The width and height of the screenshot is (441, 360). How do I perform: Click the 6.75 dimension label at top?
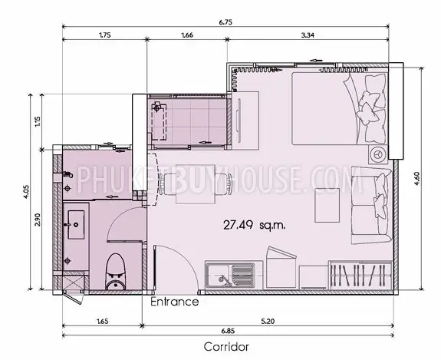click(x=225, y=22)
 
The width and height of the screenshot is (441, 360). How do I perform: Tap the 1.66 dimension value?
click(x=187, y=35)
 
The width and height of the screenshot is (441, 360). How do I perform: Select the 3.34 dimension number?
click(x=308, y=35)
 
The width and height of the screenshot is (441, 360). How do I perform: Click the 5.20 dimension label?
click(x=268, y=321)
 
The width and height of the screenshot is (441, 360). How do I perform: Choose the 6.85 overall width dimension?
click(x=228, y=331)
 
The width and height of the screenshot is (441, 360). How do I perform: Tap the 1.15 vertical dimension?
click(x=38, y=121)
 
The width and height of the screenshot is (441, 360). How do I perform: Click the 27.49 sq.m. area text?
click(x=254, y=225)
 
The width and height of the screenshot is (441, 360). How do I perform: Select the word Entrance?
click(x=175, y=302)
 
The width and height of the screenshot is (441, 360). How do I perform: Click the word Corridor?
click(x=226, y=346)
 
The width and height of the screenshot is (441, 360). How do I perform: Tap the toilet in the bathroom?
click(x=116, y=272)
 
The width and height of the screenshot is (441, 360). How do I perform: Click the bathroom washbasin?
click(x=76, y=225)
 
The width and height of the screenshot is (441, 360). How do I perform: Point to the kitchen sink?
click(x=230, y=276)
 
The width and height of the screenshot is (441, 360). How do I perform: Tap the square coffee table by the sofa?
click(x=327, y=205)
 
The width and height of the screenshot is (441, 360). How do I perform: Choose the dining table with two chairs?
click(x=196, y=184)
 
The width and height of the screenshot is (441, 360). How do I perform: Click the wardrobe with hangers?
click(x=360, y=275)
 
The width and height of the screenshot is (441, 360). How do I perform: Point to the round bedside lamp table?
click(x=377, y=154)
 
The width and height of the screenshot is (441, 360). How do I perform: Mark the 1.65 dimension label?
click(x=102, y=321)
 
